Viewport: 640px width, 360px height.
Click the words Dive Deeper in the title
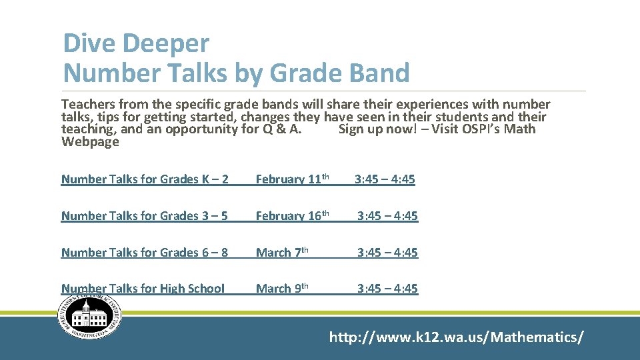(x=136, y=44)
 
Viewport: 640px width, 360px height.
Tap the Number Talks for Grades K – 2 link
(x=145, y=179)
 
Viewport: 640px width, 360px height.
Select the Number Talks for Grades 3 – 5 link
(x=145, y=215)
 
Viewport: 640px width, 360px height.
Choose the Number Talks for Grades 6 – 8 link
(x=145, y=252)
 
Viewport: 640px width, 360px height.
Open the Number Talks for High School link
(x=143, y=288)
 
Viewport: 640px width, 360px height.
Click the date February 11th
(x=293, y=179)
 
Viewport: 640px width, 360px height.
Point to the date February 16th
(x=293, y=215)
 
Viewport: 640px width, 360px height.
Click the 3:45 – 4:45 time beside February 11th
(x=385, y=179)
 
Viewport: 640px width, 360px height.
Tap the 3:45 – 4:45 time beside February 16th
(x=387, y=215)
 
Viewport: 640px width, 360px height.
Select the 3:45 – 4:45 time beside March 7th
(x=387, y=252)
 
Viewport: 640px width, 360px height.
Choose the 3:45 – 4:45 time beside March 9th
(x=387, y=288)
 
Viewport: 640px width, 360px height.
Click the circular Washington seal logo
(x=90, y=315)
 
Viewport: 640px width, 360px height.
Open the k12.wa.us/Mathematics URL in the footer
(x=456, y=337)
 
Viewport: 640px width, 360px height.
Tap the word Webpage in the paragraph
(x=90, y=141)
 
